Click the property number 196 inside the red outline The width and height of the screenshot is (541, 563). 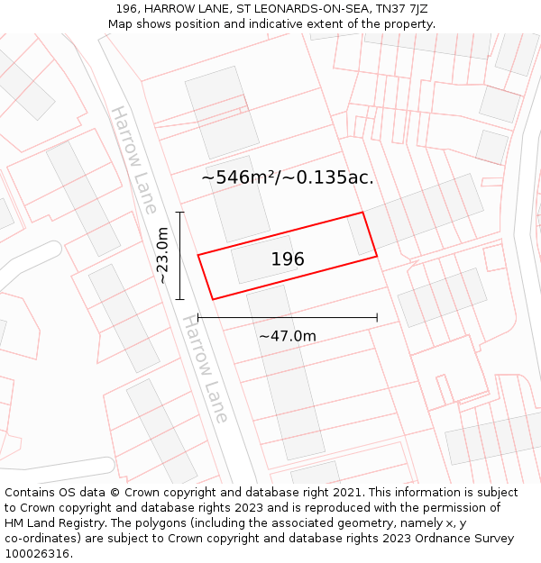[288, 259]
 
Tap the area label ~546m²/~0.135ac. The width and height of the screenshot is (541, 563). [287, 177]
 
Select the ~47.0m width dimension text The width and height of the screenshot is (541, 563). [288, 336]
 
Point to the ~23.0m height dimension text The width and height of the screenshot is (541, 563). [162, 256]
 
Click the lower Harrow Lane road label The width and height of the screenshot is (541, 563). [206, 368]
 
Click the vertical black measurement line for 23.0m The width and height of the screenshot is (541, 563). [180, 256]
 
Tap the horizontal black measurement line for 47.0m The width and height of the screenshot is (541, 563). [287, 317]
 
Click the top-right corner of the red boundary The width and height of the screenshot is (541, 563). [362, 213]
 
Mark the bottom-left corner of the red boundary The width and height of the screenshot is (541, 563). [212, 299]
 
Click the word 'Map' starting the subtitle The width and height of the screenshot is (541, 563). [120, 24]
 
